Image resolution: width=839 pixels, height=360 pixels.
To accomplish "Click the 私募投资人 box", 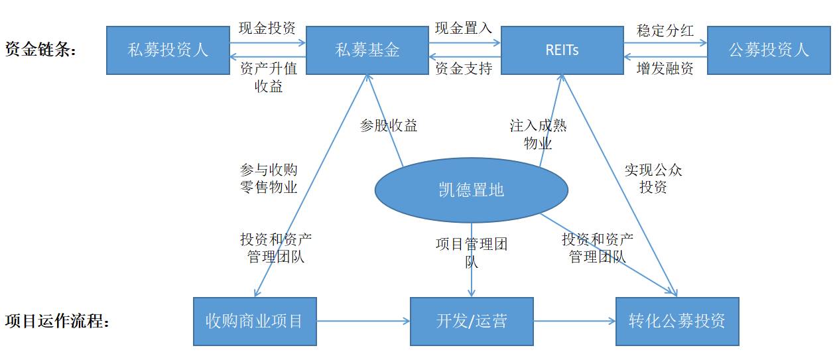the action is coord(168,50).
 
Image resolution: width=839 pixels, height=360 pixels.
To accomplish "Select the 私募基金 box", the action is coord(367,50).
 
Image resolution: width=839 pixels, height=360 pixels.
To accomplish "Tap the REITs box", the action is coord(562,50).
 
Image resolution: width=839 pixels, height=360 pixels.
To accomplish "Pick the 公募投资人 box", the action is coord(769,50).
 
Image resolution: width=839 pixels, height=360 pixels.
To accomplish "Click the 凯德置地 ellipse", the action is coord(472,190).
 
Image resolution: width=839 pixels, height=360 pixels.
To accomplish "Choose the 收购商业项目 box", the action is coord(255,322).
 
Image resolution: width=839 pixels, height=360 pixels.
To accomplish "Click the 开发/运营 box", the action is coord(472,322).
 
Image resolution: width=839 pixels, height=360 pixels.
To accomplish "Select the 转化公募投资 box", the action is coord(678,322).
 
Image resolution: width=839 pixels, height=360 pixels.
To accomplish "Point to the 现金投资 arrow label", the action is coord(267,28).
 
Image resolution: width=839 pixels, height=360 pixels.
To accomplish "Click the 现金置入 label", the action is coord(464,28).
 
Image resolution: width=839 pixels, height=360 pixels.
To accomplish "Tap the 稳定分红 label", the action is coord(665,30).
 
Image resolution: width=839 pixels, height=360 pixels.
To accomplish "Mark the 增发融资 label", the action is coord(665,68).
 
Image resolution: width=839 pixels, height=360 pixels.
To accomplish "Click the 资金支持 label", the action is coord(464,68).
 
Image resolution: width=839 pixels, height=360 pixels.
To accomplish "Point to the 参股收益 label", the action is coord(389,125).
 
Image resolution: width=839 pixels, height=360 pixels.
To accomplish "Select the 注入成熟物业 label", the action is coord(538,135).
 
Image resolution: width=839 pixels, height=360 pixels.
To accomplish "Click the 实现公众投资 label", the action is coord(653,178).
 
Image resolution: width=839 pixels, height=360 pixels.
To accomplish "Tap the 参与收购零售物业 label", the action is coord(269,178).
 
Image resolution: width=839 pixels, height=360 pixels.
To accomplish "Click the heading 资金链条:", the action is coord(40,49).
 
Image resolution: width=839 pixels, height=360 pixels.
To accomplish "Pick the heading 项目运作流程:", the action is coord(57,321).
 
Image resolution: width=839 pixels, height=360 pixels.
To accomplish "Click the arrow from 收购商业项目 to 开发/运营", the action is coord(363,321).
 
